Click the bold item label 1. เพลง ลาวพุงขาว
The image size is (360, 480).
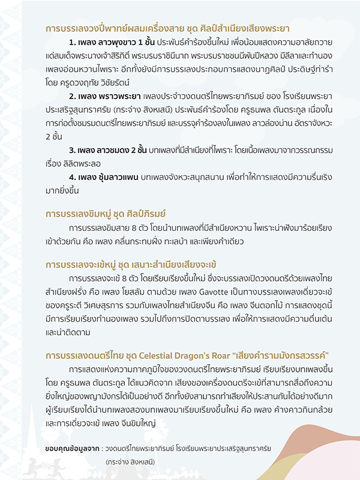pyautogui.click(x=112, y=44)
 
